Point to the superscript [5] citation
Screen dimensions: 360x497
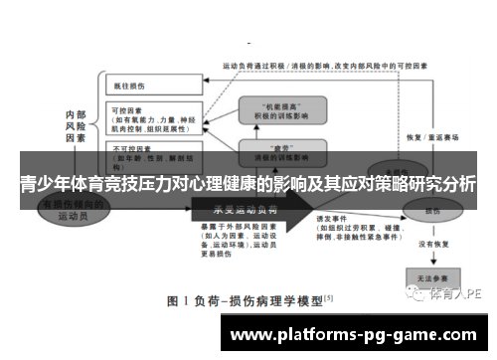point(328,296)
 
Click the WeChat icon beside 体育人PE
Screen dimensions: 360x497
point(414,295)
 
